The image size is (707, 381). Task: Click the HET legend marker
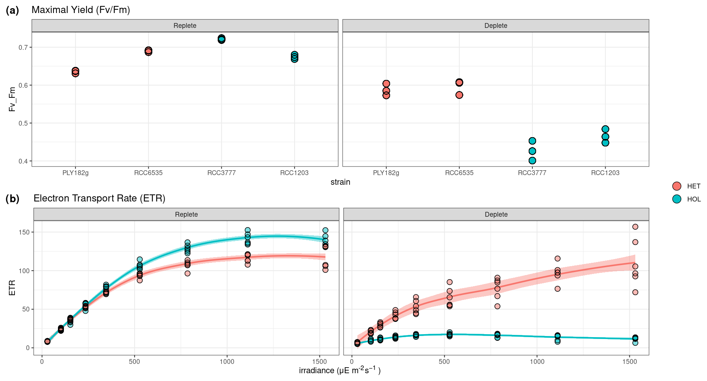[x=677, y=186]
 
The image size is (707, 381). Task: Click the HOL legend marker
[x=677, y=199]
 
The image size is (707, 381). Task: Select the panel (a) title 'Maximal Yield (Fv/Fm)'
[x=81, y=10]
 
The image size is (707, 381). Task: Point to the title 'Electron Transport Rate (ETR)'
[x=99, y=198]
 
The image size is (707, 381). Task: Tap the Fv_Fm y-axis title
[x=12, y=99]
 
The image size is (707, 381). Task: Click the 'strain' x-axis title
[x=340, y=182]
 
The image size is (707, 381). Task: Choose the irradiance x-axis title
[x=340, y=371]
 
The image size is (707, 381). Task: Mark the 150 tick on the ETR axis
[x=24, y=232]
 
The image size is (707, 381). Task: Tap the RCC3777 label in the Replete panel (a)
[x=221, y=173]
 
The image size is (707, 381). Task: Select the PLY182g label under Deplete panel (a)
[x=386, y=173]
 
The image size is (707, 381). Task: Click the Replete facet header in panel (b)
[x=186, y=214]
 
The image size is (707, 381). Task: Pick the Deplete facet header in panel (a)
[x=496, y=26]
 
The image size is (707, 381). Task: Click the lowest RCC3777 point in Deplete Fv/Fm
[x=532, y=161]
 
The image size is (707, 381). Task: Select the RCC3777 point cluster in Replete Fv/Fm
[x=221, y=39]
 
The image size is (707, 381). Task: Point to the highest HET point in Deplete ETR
[x=635, y=227]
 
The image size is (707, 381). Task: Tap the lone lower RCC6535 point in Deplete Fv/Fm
[x=459, y=95]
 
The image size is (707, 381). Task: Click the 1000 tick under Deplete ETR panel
[x=537, y=362]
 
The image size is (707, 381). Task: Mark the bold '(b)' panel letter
[x=12, y=199]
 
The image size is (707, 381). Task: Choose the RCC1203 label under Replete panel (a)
[x=294, y=173]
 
